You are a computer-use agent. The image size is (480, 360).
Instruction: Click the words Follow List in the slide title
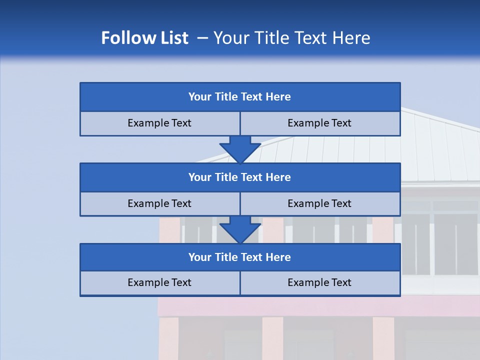(x=144, y=38)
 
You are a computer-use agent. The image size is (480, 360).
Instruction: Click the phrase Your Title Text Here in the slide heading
(x=291, y=38)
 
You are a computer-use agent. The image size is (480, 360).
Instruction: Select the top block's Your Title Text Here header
(x=239, y=97)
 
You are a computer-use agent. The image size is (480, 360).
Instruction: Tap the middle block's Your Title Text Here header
(x=239, y=177)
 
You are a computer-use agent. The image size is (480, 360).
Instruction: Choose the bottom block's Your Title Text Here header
(x=239, y=257)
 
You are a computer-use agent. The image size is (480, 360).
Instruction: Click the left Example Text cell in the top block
(x=159, y=123)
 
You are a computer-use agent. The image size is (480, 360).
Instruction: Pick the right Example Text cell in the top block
(x=319, y=123)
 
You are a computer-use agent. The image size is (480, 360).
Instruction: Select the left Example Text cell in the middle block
(x=159, y=203)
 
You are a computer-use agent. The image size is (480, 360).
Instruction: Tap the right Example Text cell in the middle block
(x=319, y=203)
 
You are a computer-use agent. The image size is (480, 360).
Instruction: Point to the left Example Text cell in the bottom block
(x=159, y=282)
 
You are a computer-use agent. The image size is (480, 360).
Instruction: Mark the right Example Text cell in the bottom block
(x=319, y=282)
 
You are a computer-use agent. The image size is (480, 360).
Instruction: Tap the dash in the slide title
(x=202, y=38)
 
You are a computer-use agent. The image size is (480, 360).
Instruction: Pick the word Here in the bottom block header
(x=278, y=257)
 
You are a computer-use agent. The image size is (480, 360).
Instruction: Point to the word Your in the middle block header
(x=200, y=177)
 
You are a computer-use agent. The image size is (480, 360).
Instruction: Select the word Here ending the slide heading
(x=352, y=38)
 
